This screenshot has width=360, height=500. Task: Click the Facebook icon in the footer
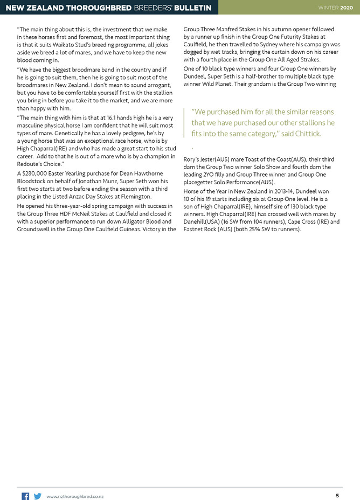click(x=25, y=496)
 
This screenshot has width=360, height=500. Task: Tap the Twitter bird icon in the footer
click(x=38, y=496)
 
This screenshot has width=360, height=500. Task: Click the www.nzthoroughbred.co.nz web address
click(x=75, y=496)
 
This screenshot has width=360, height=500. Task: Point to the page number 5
click(x=337, y=496)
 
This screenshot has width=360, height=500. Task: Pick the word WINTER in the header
click(x=328, y=7)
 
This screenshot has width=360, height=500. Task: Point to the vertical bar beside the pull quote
click(x=184, y=122)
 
